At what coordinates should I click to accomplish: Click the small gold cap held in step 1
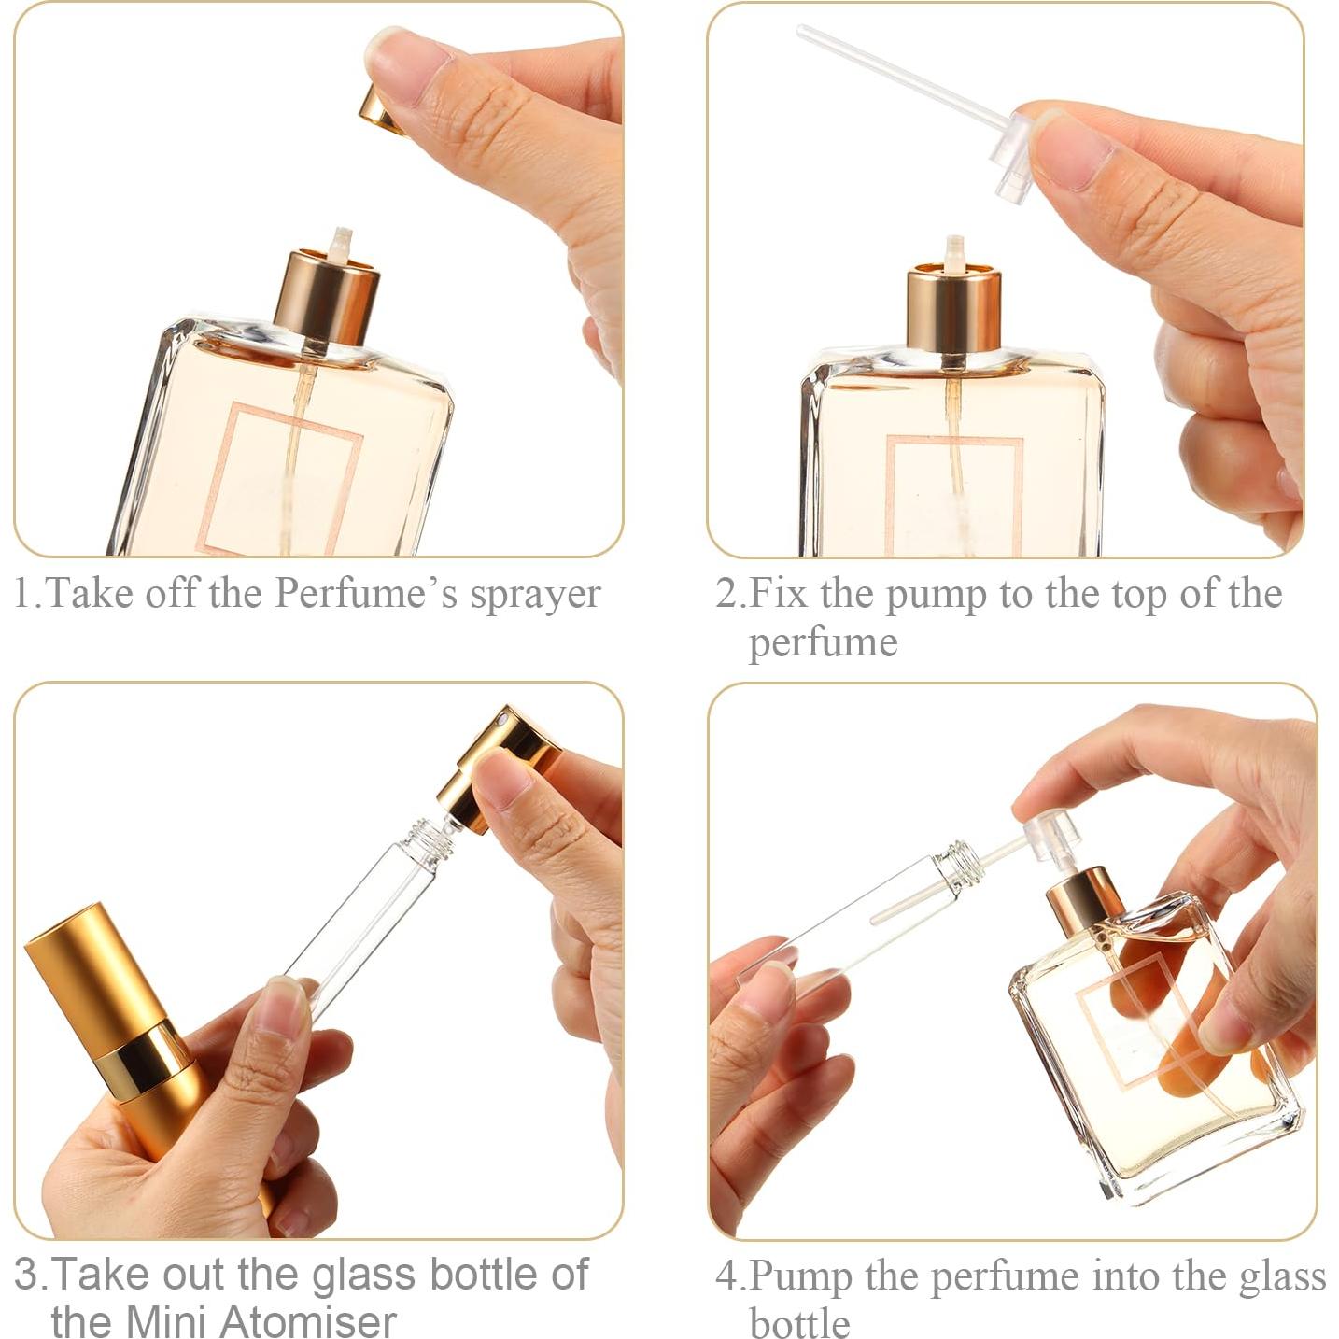379,110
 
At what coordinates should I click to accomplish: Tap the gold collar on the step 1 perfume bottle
327,297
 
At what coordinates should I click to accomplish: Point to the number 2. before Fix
731,594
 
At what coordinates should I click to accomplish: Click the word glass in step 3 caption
364,1276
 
